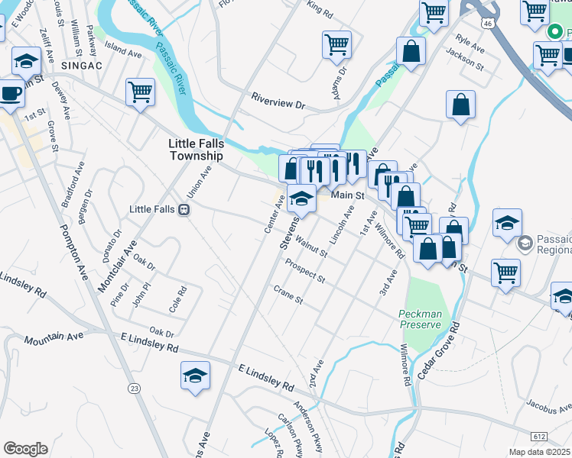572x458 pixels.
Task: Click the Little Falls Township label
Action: click(x=197, y=149)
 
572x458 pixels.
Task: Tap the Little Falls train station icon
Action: click(x=184, y=210)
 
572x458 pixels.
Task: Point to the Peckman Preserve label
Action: click(x=420, y=319)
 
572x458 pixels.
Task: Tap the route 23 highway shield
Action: click(x=135, y=389)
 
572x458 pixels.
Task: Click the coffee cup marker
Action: click(x=11, y=93)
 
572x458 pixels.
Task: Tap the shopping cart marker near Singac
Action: click(x=140, y=92)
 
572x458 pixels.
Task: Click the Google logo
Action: click(x=25, y=449)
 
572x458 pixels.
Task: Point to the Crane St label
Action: click(x=288, y=295)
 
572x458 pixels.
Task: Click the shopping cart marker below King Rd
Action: click(x=336, y=44)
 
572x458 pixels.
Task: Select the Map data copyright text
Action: click(x=539, y=452)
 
